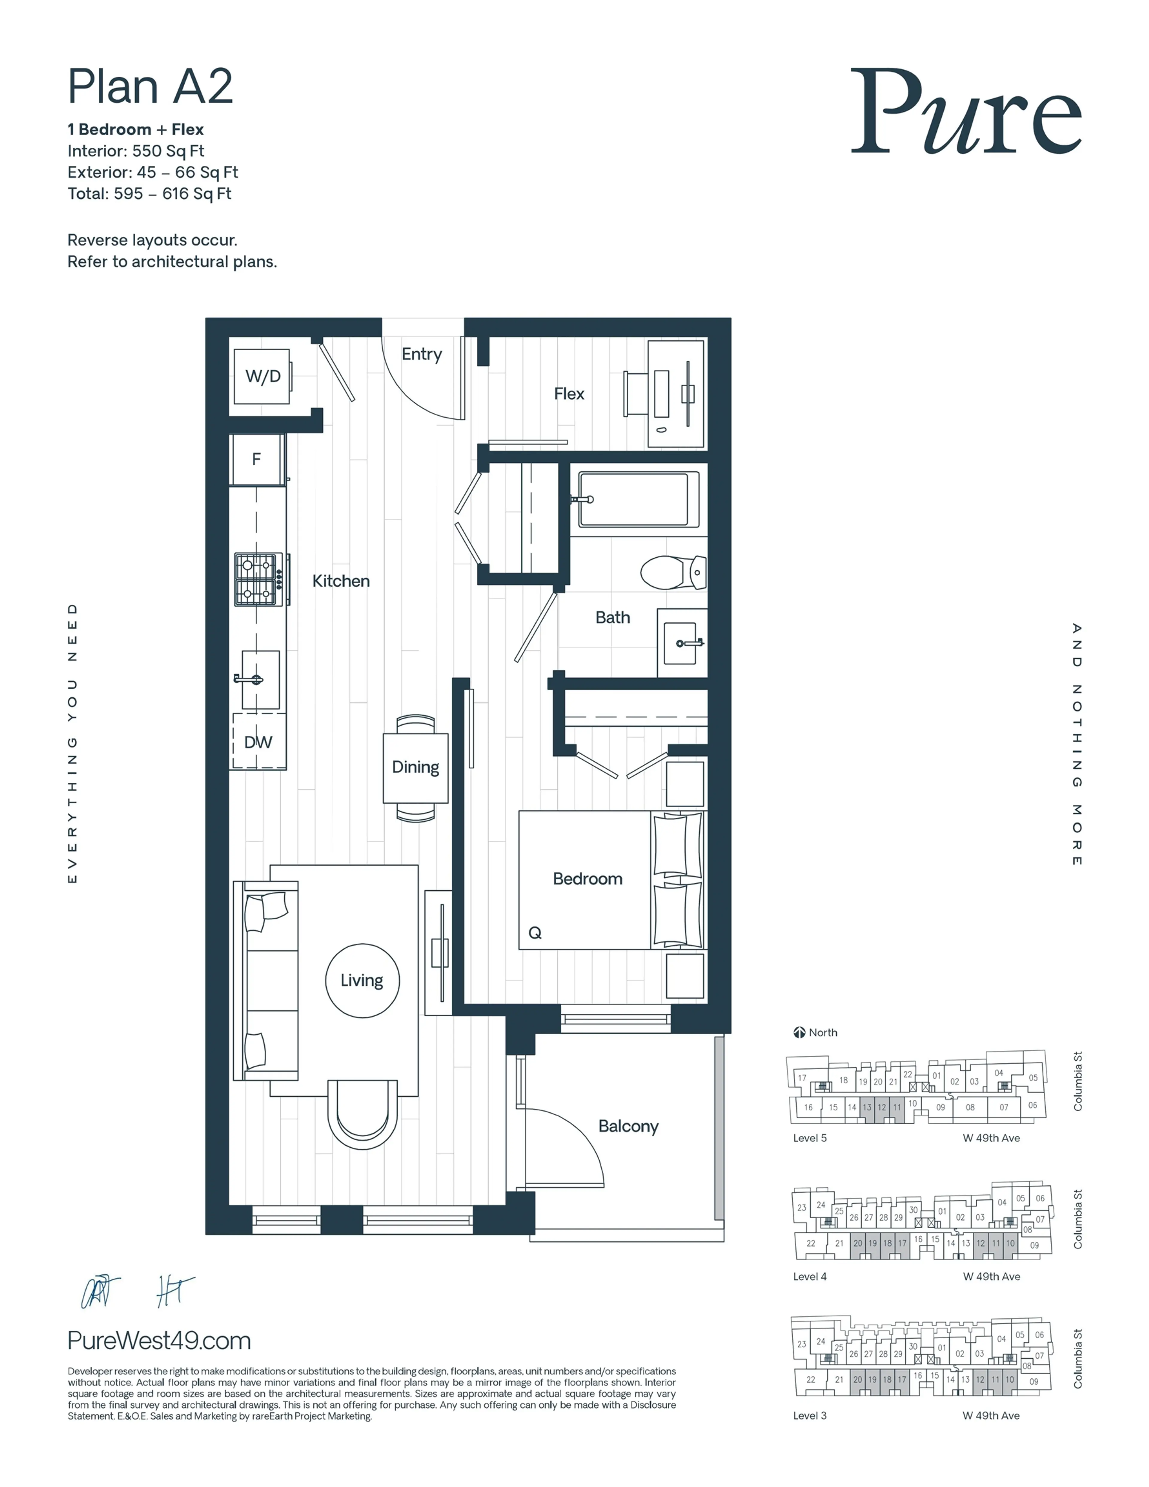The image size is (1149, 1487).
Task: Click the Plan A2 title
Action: coord(150,86)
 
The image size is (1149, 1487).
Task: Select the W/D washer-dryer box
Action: coord(262,376)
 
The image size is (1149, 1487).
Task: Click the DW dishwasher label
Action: coord(258,742)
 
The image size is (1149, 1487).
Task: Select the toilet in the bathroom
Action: coord(673,572)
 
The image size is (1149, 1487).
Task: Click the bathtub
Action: coord(638,499)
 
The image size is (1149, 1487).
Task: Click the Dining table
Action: coord(416,767)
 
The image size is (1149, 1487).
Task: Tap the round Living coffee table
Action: coord(362,980)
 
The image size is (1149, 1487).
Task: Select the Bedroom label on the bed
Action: coord(587,879)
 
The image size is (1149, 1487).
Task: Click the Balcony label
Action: coord(628,1126)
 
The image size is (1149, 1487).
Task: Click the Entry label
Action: coord(422,354)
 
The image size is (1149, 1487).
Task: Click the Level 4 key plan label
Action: coord(809,1277)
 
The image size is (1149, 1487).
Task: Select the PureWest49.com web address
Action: coord(159,1341)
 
